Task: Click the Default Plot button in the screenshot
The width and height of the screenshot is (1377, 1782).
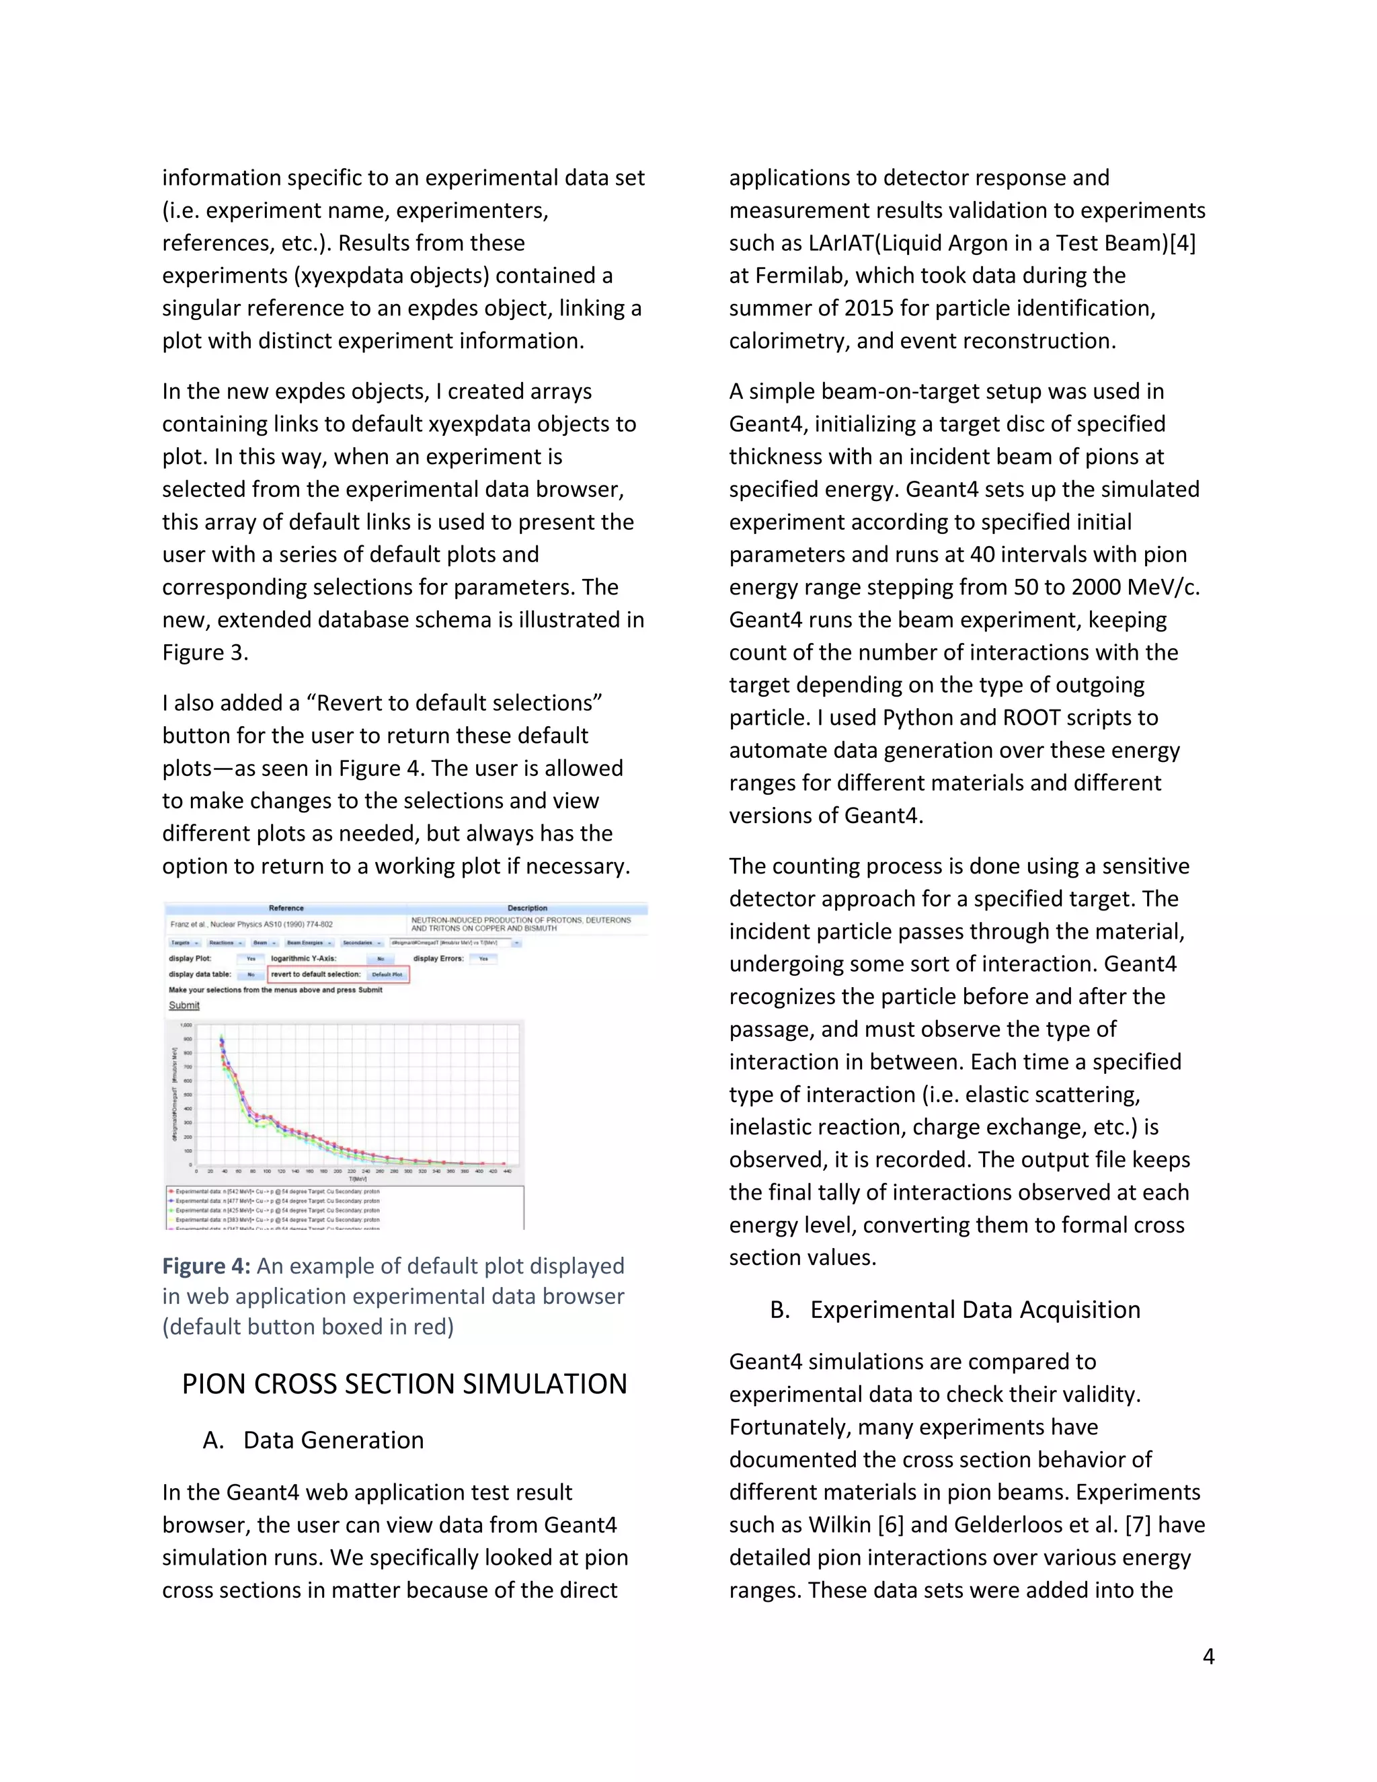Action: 387,975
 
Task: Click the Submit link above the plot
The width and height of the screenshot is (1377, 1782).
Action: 184,1005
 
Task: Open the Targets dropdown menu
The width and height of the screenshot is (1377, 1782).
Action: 185,943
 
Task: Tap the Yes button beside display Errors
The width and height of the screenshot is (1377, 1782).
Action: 483,959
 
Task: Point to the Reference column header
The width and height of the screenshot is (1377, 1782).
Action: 286,908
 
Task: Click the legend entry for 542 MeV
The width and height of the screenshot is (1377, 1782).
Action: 278,1192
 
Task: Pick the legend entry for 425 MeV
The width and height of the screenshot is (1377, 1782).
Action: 278,1211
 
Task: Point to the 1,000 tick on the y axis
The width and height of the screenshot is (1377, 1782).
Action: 186,1025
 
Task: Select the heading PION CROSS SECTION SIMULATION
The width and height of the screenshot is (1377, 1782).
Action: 405,1385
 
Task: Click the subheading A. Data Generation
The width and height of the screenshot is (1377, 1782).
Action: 314,1440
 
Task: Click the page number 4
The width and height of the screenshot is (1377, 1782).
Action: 1208,1656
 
